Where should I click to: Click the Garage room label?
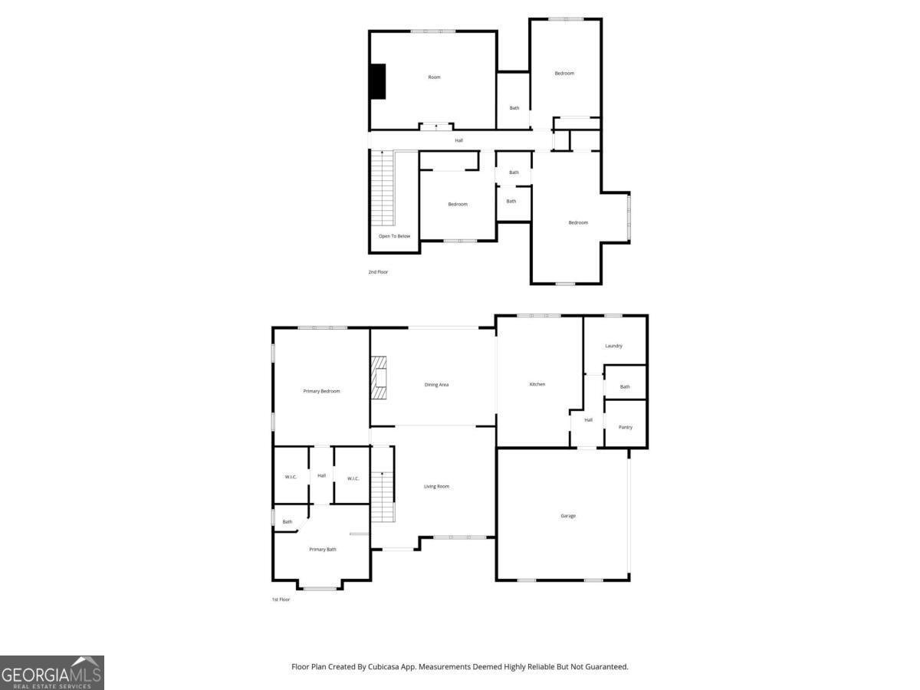coord(568,516)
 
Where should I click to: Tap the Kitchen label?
coord(537,384)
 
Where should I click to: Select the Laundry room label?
coord(613,346)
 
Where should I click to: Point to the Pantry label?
coord(626,427)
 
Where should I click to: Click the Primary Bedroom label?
coord(321,391)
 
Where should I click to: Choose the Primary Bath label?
coord(323,549)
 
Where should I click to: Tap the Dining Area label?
coord(436,384)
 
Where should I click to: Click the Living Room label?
coord(437,486)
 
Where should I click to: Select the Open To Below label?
coord(394,236)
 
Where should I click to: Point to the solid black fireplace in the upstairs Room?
coord(377,81)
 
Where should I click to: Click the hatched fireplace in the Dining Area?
coord(379,378)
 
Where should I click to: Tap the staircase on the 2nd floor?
coord(382,188)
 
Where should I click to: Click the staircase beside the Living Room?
coord(382,497)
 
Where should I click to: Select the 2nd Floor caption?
coord(378,272)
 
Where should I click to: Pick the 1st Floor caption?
coord(281,599)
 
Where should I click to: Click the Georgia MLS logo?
coord(52,672)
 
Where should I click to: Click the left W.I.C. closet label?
coord(291,478)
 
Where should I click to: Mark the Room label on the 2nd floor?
coord(434,77)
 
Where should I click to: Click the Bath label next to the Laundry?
coord(625,386)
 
